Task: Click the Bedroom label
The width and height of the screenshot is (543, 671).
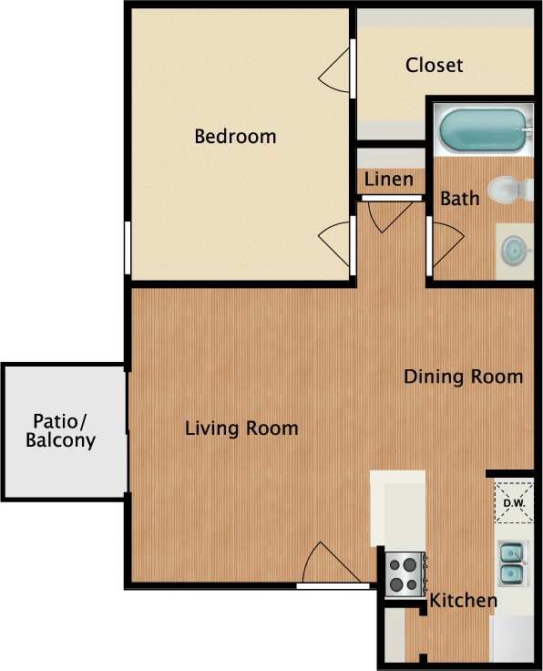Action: pyautogui.click(x=235, y=137)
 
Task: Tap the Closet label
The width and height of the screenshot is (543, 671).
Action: pyautogui.click(x=434, y=66)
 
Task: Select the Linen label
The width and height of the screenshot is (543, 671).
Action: pyautogui.click(x=389, y=180)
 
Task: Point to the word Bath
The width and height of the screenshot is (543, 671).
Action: pyautogui.click(x=459, y=198)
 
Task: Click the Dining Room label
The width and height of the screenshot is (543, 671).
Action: pyautogui.click(x=463, y=377)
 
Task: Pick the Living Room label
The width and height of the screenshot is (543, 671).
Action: pyautogui.click(x=241, y=428)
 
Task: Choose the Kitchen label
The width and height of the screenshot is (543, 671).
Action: pyautogui.click(x=464, y=601)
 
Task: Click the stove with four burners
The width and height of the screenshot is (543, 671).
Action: pyautogui.click(x=403, y=574)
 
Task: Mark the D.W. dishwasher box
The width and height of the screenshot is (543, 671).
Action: pyautogui.click(x=513, y=501)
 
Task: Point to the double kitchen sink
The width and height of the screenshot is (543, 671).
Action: pyautogui.click(x=511, y=563)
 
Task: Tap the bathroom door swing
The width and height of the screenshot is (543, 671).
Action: pyautogui.click(x=445, y=244)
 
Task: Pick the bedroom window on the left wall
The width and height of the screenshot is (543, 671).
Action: pyautogui.click(x=128, y=248)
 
